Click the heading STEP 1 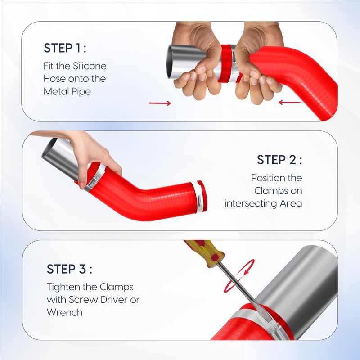point(65,48)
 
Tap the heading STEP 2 point(279,160)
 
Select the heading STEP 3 point(69,269)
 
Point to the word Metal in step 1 point(56,91)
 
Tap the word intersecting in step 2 point(251,204)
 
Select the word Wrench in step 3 point(64,312)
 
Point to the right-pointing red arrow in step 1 point(160,103)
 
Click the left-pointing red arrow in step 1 point(289,103)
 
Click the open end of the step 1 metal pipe point(171,62)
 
